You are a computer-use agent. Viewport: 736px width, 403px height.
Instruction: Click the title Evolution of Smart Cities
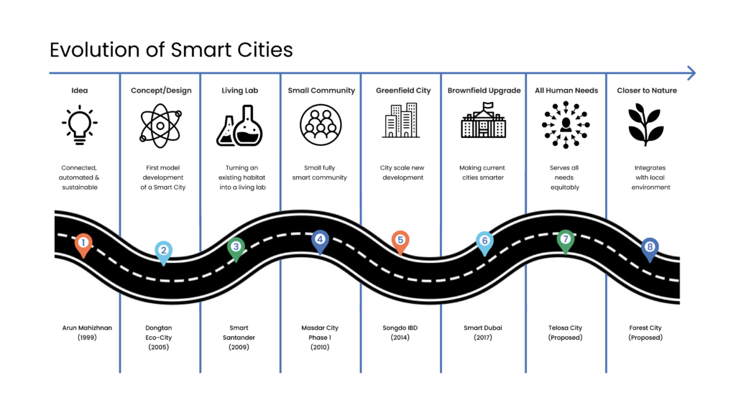click(x=171, y=50)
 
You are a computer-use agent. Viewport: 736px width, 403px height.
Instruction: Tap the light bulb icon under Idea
click(x=80, y=125)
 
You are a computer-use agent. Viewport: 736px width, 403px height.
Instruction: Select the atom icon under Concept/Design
click(x=160, y=125)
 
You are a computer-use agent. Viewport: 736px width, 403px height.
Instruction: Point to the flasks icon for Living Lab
click(x=239, y=125)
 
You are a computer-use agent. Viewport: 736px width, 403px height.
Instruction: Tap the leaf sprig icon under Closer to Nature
click(x=645, y=124)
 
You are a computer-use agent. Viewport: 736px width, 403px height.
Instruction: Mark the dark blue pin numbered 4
click(x=320, y=241)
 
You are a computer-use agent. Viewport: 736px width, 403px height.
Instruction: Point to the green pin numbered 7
click(x=566, y=241)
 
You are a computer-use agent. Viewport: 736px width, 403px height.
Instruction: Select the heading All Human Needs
click(x=565, y=91)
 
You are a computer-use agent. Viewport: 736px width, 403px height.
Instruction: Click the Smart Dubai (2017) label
click(x=483, y=332)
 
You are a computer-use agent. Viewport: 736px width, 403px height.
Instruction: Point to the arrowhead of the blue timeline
click(x=691, y=73)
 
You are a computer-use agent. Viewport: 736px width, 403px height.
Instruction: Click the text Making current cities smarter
click(x=483, y=172)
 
